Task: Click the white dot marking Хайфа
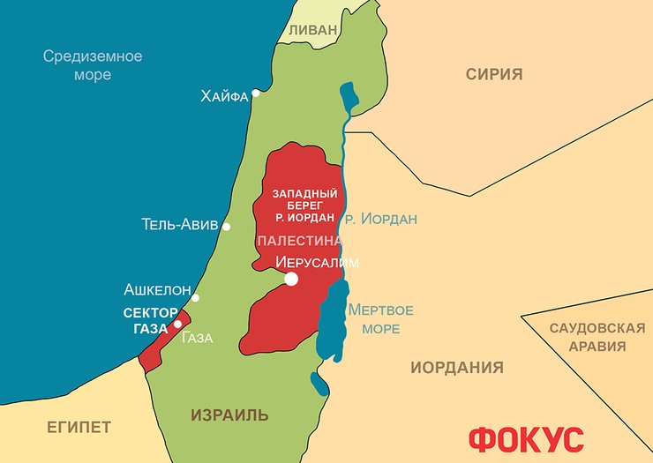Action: [256, 93]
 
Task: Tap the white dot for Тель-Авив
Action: [227, 227]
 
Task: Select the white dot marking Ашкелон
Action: [196, 298]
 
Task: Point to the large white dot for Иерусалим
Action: [291, 280]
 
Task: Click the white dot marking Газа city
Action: [179, 324]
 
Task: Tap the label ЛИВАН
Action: [312, 30]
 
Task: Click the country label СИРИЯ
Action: [494, 74]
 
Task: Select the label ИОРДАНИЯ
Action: [457, 368]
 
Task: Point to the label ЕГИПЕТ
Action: [79, 428]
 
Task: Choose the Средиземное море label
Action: [93, 65]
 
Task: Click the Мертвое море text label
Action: [380, 319]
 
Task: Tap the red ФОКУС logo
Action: [526, 438]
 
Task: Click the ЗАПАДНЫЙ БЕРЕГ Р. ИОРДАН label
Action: [304, 204]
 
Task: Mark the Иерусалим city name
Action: [318, 262]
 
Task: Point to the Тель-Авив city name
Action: [179, 225]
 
